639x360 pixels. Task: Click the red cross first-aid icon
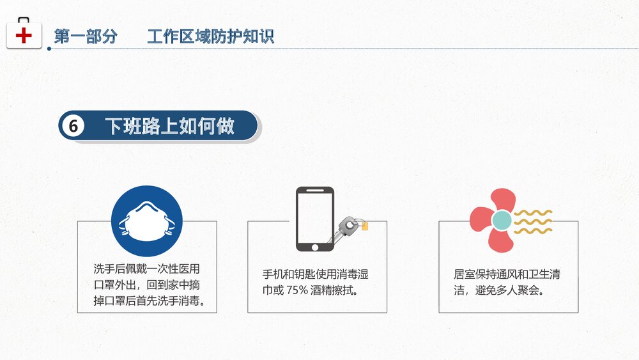[x=24, y=35]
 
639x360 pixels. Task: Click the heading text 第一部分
[x=86, y=36]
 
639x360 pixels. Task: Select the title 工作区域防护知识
[x=210, y=36]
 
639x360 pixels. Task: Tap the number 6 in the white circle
[x=73, y=127]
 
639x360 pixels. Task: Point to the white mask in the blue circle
[x=146, y=221]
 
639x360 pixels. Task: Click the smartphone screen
[x=314, y=215]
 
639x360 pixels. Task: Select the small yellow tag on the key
[x=364, y=226]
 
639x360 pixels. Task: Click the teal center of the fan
[x=502, y=221]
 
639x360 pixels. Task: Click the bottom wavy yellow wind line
[x=534, y=230]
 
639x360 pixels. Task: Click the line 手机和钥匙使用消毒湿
[x=316, y=275]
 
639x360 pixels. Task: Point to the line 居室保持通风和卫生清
[x=507, y=275]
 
